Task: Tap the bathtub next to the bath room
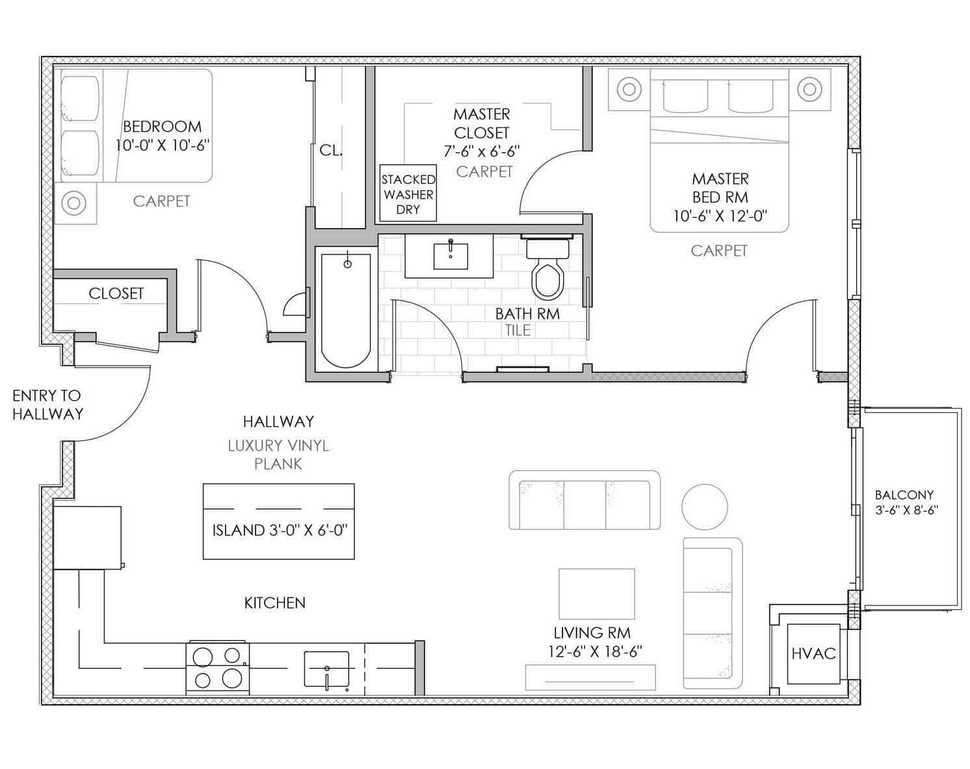pyautogui.click(x=346, y=310)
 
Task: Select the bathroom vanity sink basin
pyautogui.click(x=451, y=256)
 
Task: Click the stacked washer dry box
pyautogui.click(x=408, y=193)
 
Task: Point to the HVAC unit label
pyautogui.click(x=813, y=653)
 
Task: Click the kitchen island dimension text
pyautogui.click(x=280, y=530)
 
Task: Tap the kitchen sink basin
pyautogui.click(x=327, y=668)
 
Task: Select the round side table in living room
pyautogui.click(x=705, y=507)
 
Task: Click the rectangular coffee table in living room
pyautogui.click(x=597, y=594)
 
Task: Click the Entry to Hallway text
pyautogui.click(x=47, y=405)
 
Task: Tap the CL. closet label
pyautogui.click(x=331, y=151)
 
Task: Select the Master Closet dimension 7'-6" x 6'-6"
pyautogui.click(x=482, y=151)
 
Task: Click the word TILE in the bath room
pyautogui.click(x=518, y=331)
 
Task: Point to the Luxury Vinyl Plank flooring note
pyautogui.click(x=278, y=455)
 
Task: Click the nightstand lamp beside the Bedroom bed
pyautogui.click(x=74, y=203)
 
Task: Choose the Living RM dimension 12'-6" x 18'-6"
pyautogui.click(x=594, y=651)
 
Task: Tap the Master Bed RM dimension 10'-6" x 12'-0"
pyautogui.click(x=720, y=216)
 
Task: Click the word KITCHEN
pyautogui.click(x=275, y=603)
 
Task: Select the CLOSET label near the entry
pyautogui.click(x=116, y=294)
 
